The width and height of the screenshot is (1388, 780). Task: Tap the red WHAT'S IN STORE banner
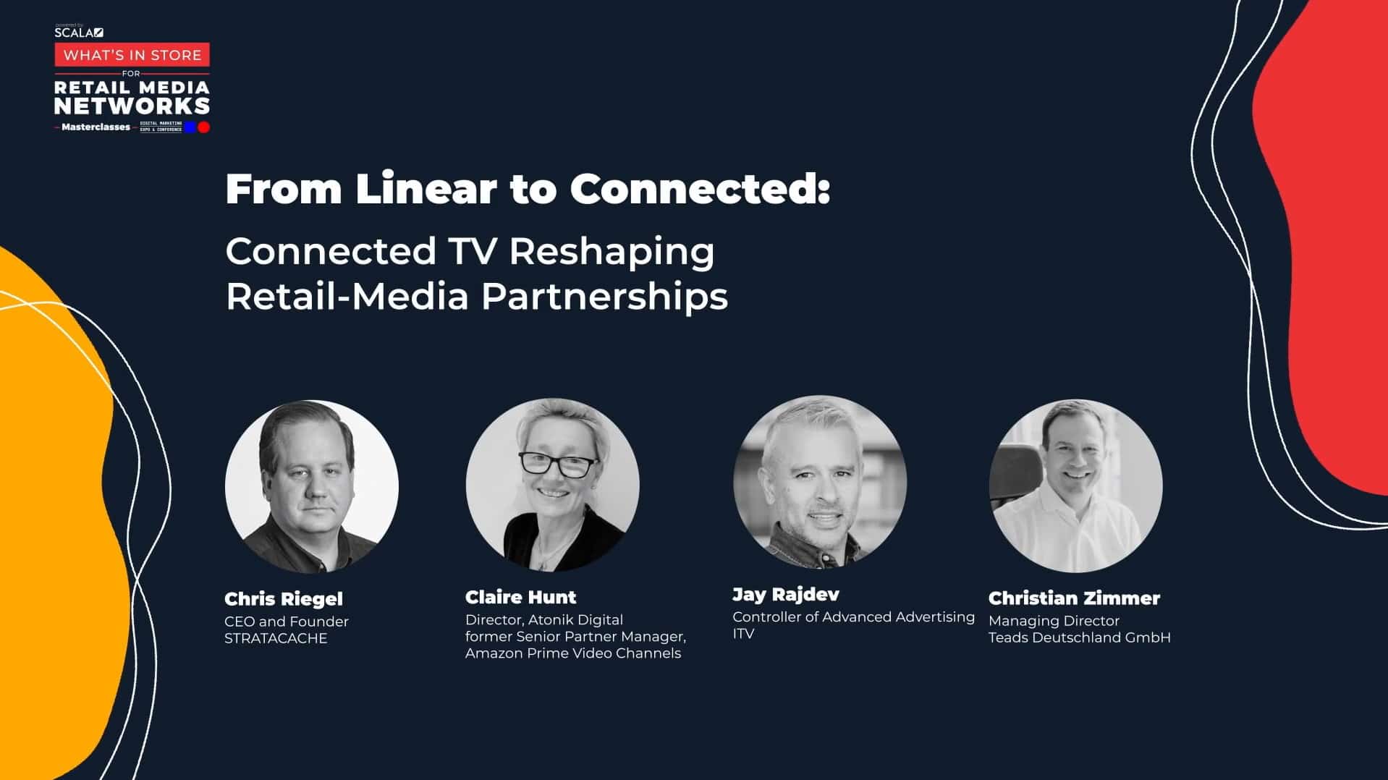click(132, 55)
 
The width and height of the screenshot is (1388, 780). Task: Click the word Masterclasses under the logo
click(96, 127)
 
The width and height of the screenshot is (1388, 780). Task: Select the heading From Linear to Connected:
click(528, 188)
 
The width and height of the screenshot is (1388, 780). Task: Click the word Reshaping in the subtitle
click(612, 251)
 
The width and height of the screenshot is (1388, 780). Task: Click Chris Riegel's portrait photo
click(311, 486)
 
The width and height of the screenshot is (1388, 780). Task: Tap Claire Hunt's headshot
click(552, 485)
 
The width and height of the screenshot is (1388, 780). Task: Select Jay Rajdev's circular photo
click(819, 482)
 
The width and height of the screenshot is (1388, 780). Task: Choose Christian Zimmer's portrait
click(1075, 486)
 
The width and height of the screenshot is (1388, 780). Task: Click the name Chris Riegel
click(284, 599)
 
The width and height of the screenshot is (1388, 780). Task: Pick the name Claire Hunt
click(520, 597)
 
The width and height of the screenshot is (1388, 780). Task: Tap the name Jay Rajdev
click(786, 595)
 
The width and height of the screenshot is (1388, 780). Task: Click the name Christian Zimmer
click(1074, 598)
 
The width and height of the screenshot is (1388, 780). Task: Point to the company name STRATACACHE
click(276, 638)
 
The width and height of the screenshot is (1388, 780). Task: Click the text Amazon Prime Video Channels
click(573, 653)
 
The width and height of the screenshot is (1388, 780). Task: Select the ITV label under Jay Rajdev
click(743, 634)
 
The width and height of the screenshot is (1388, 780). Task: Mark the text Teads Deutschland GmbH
click(1079, 637)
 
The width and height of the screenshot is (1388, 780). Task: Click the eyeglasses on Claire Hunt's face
click(556, 464)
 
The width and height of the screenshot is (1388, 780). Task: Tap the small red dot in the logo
click(204, 127)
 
